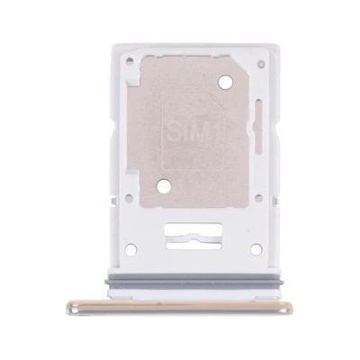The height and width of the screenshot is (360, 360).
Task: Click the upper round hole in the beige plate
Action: click(x=226, y=82)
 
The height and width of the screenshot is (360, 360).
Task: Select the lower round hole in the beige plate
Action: click(x=164, y=186)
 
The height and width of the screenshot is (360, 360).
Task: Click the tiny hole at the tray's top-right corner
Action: click(x=262, y=64)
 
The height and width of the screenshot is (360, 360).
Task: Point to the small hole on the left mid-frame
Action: click(x=130, y=198)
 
